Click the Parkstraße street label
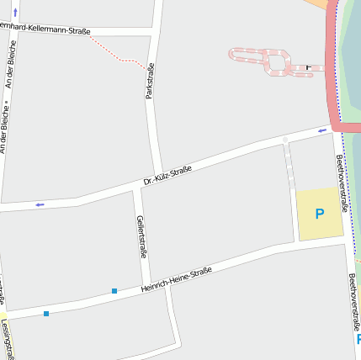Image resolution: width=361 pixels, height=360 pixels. (x=150, y=81)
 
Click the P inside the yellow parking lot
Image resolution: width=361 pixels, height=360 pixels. (x=319, y=214)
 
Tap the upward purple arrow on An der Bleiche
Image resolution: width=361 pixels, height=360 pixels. (x=15, y=13)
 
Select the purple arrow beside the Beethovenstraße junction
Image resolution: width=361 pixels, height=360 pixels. (x=321, y=130)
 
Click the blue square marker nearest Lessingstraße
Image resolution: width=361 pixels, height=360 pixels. (x=46, y=314)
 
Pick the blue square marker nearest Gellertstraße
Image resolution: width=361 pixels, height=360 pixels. (x=114, y=291)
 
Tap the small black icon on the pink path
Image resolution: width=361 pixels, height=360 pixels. (x=308, y=66)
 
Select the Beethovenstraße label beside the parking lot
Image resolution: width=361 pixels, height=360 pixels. (x=341, y=177)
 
